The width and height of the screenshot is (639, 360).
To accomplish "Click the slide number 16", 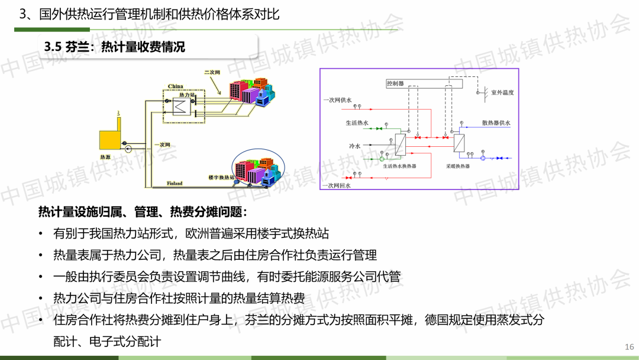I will point(629,347).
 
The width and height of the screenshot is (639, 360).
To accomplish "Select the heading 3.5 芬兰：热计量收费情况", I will point(115,47).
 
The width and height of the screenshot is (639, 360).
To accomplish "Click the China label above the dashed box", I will point(175,86).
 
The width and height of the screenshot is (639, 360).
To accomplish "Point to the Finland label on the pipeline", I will point(175,183).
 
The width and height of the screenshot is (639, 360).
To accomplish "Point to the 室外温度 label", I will point(504,93).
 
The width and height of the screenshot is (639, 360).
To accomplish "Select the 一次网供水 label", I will point(338,100).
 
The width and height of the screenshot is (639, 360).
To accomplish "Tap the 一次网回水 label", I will point(337,185).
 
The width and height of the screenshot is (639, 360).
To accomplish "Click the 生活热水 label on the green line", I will point(357,124).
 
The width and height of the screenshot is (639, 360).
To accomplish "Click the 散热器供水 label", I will point(496,123).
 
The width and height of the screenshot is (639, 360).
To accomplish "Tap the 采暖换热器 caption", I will point(457,166).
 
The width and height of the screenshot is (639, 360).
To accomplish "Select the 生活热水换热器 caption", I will point(399,166).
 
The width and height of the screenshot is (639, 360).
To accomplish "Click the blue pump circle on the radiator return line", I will point(483,158).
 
